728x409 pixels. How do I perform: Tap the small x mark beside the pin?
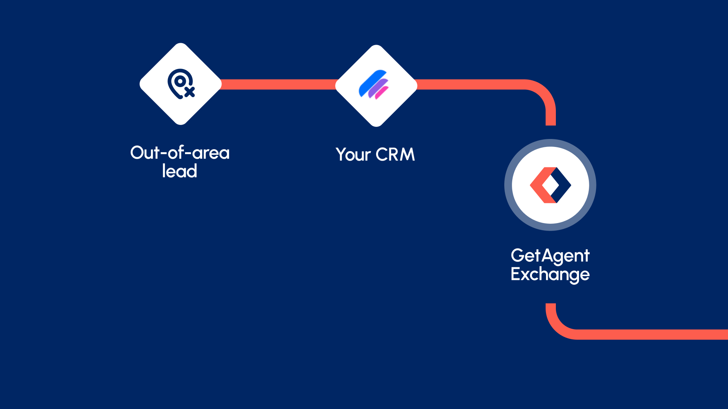click(x=190, y=92)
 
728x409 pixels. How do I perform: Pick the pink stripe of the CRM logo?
click(x=382, y=93)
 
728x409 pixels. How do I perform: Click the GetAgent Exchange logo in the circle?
click(x=550, y=185)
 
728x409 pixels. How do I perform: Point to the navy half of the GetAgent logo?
click(x=563, y=185)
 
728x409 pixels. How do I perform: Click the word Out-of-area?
click(x=180, y=153)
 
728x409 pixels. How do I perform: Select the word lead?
click(x=180, y=171)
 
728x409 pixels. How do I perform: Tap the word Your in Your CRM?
click(x=353, y=155)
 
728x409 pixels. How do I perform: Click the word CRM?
click(x=395, y=155)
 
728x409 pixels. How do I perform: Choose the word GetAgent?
click(x=550, y=256)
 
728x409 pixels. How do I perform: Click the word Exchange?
click(x=550, y=274)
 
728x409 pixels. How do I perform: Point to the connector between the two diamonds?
click(x=278, y=84)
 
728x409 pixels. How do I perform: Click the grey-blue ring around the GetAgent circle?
click(x=508, y=185)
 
